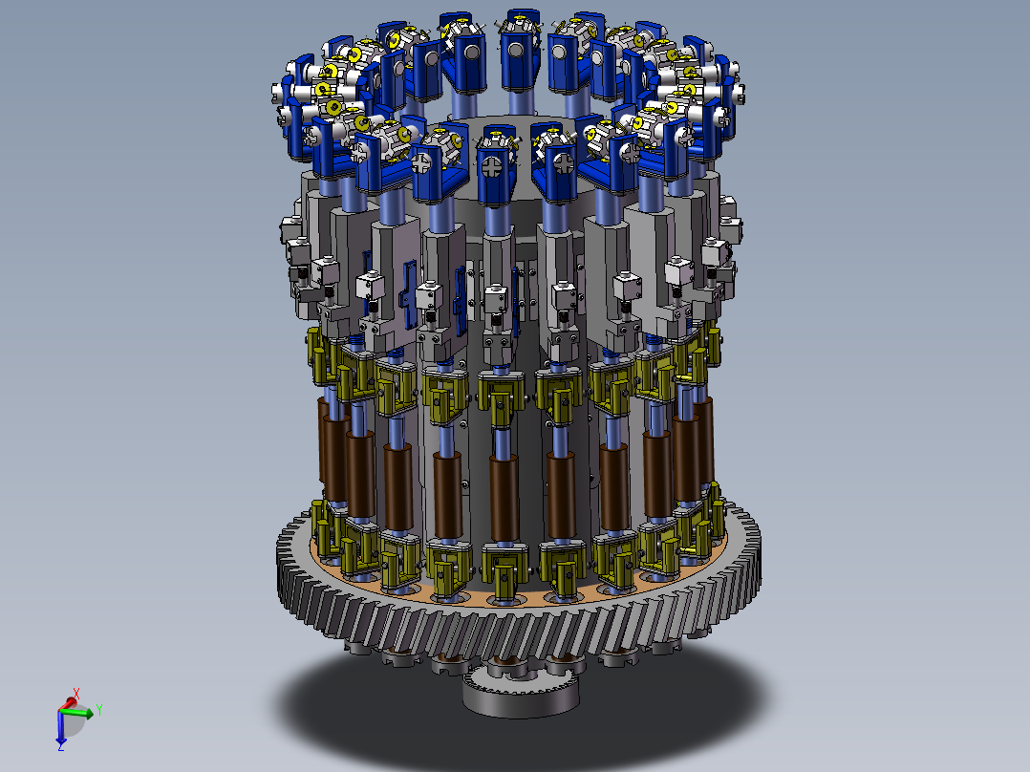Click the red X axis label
pyautogui.click(x=76, y=693)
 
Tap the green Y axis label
pyautogui.click(x=99, y=710)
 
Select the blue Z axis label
pyautogui.click(x=60, y=745)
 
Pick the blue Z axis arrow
pyautogui.click(x=60, y=727)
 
